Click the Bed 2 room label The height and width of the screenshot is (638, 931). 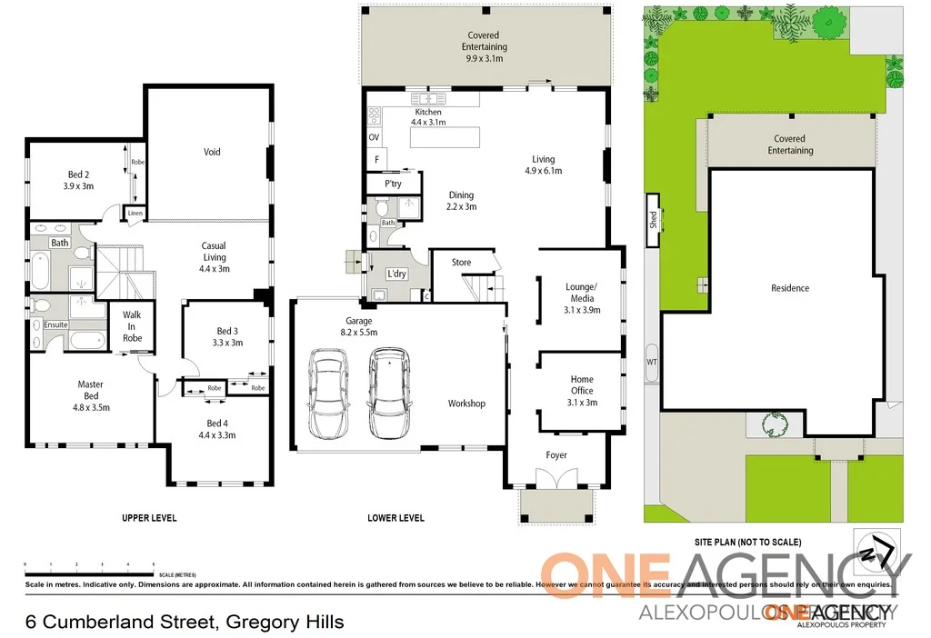click(78, 180)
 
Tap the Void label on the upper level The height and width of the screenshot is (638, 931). click(211, 152)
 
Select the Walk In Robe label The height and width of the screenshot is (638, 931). click(132, 326)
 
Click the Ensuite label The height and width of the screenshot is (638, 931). click(55, 324)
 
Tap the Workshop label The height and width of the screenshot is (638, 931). click(466, 404)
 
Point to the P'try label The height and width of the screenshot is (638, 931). click(393, 184)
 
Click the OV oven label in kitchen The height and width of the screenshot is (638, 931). click(374, 137)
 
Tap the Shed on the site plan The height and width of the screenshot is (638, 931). click(653, 220)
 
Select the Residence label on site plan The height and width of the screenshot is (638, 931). click(789, 288)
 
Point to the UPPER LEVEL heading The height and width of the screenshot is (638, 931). click(149, 518)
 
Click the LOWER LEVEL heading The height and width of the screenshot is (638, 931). click(395, 518)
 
